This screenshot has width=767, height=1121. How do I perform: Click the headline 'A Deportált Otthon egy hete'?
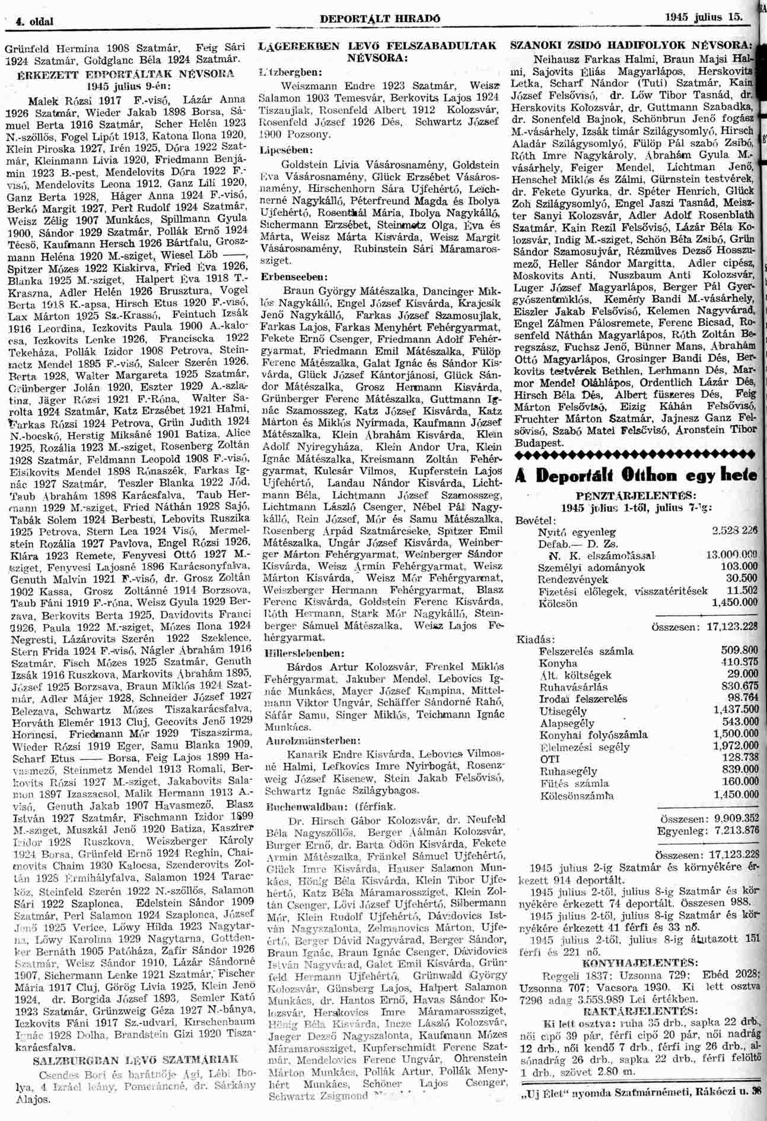coord(634,476)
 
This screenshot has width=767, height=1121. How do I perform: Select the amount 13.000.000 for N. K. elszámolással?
coord(733,555)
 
